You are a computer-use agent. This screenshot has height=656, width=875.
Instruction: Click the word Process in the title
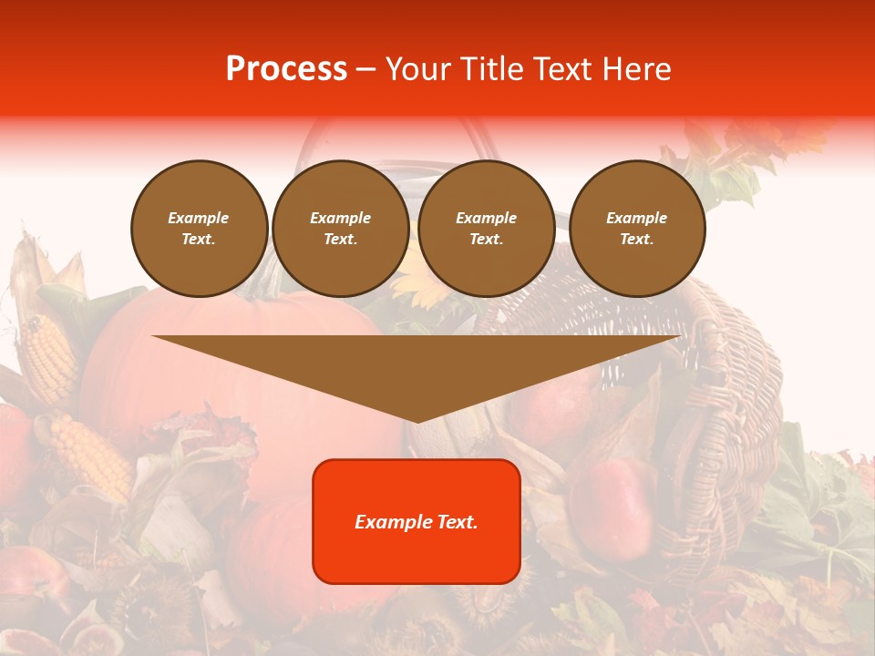click(286, 69)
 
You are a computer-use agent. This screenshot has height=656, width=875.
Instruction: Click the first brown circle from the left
click(199, 229)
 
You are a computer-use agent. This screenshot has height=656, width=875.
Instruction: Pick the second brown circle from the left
click(341, 229)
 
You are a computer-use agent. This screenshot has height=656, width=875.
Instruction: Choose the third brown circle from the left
click(487, 229)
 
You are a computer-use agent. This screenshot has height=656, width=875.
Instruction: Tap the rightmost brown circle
click(637, 229)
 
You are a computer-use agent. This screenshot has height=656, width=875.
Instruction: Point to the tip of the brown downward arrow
click(417, 420)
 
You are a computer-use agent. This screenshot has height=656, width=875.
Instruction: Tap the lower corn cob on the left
click(91, 455)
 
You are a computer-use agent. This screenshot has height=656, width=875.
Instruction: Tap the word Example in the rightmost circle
click(636, 218)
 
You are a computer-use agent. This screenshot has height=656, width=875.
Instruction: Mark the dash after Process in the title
click(365, 69)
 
